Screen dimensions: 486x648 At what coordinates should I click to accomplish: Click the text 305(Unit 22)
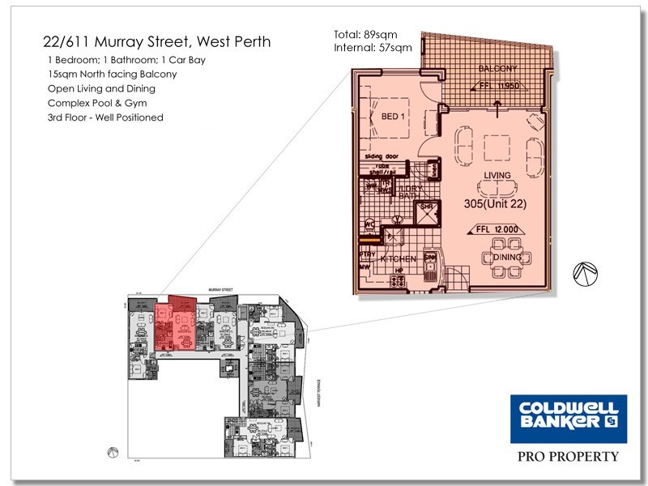[495, 204]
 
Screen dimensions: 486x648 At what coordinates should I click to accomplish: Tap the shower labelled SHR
[427, 210]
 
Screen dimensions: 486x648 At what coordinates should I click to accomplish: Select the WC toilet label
[369, 224]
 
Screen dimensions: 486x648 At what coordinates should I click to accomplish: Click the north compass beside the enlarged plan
[584, 275]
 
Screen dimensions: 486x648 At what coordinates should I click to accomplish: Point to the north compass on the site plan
[113, 452]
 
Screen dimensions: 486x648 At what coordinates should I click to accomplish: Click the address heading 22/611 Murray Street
[156, 41]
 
